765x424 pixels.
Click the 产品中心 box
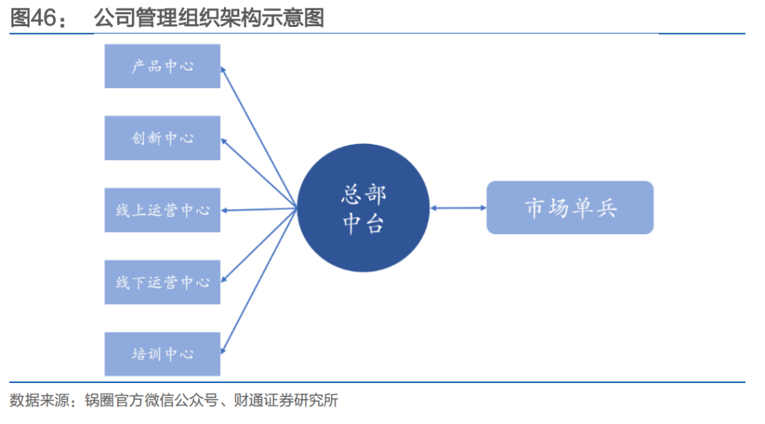pyautogui.click(x=162, y=66)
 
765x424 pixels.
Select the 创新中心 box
pyautogui.click(x=162, y=138)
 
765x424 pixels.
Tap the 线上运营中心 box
pyautogui.click(x=162, y=210)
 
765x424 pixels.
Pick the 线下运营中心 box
pyautogui.click(x=162, y=282)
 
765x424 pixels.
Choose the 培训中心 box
pyautogui.click(x=162, y=354)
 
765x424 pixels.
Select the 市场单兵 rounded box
pyautogui.click(x=569, y=208)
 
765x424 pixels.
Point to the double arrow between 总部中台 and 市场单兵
pyautogui.click(x=458, y=208)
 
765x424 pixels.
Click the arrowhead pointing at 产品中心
pyautogui.click(x=224, y=69)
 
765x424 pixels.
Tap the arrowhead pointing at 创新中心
pyautogui.click(x=224, y=140)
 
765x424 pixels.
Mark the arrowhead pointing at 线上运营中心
pyautogui.click(x=225, y=210)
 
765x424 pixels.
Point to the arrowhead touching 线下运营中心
pyautogui.click(x=224, y=279)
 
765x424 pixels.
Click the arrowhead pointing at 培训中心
pyautogui.click(x=224, y=349)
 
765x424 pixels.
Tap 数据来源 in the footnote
pyautogui.click(x=38, y=401)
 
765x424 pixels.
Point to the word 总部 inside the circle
pyautogui.click(x=363, y=194)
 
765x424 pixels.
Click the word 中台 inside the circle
pyautogui.click(x=363, y=223)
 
